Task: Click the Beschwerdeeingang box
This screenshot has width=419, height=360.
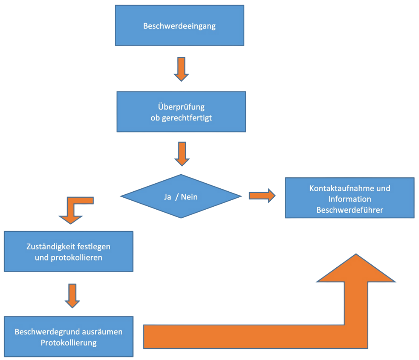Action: click(x=179, y=25)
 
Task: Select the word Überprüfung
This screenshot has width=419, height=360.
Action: click(x=182, y=107)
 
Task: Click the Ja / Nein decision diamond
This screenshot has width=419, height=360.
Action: click(x=181, y=196)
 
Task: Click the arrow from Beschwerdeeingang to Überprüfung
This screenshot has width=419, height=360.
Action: click(x=181, y=69)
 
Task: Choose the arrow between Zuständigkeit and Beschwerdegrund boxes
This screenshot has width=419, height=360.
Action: click(x=72, y=295)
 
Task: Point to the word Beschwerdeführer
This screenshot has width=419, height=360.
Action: click(x=350, y=210)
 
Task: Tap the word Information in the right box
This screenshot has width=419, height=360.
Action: click(x=350, y=199)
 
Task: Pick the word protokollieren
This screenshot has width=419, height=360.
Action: click(x=80, y=258)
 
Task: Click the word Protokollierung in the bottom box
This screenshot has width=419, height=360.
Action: click(x=68, y=342)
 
